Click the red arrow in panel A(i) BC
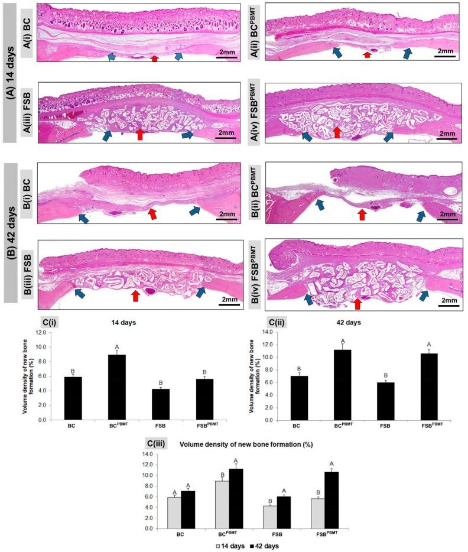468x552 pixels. point(154,58)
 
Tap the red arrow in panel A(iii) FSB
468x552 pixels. point(140,134)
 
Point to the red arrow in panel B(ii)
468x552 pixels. point(362,215)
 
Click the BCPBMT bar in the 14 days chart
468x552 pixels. point(118,387)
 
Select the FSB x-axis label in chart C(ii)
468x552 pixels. point(375,426)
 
